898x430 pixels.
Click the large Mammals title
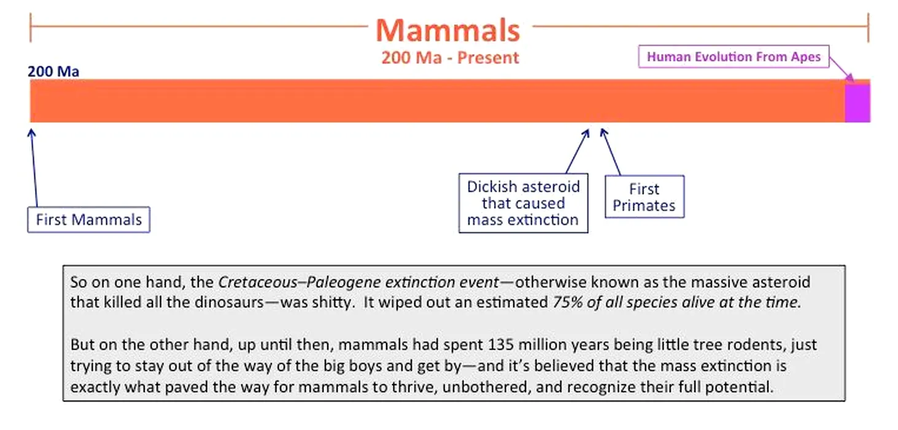coord(448,31)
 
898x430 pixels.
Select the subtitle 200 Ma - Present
coord(450,58)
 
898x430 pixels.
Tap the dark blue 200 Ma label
coord(53,71)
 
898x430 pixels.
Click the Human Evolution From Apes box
coord(733,57)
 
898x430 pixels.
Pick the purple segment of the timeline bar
coord(857,102)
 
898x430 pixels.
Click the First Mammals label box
coord(88,220)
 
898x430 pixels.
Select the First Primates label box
coord(644,197)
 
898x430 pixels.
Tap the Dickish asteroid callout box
coord(523,203)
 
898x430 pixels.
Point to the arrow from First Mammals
coord(34,168)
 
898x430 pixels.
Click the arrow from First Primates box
coord(611,152)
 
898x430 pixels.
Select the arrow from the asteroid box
coord(578,151)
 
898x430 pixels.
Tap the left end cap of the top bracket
coord(31,27)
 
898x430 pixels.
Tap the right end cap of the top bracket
coord(869,27)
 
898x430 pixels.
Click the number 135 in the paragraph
coord(501,345)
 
